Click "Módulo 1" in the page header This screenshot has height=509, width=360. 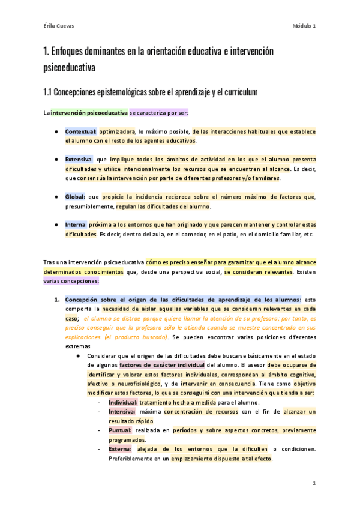(304, 26)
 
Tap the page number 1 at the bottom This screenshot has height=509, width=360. (314, 483)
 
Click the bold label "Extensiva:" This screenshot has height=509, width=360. (79, 160)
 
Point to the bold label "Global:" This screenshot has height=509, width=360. (76, 197)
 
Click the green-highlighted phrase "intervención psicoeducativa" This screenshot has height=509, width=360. (89, 112)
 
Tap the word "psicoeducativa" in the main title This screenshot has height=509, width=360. (70, 67)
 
